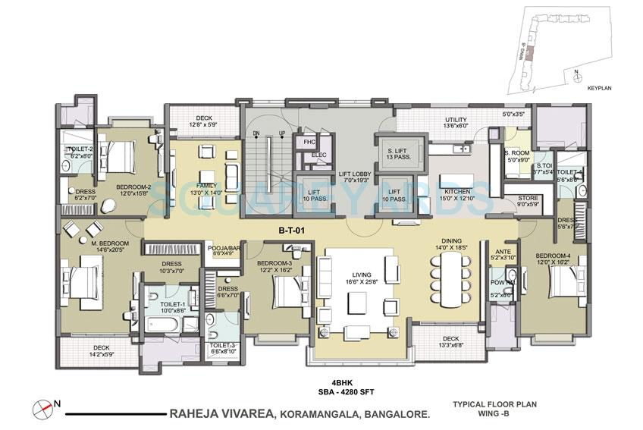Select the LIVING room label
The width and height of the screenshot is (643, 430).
[x=353, y=277]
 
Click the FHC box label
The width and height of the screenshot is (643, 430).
[x=309, y=142]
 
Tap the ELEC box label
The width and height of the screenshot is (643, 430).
[x=318, y=156]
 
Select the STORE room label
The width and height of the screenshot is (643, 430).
[x=527, y=200]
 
